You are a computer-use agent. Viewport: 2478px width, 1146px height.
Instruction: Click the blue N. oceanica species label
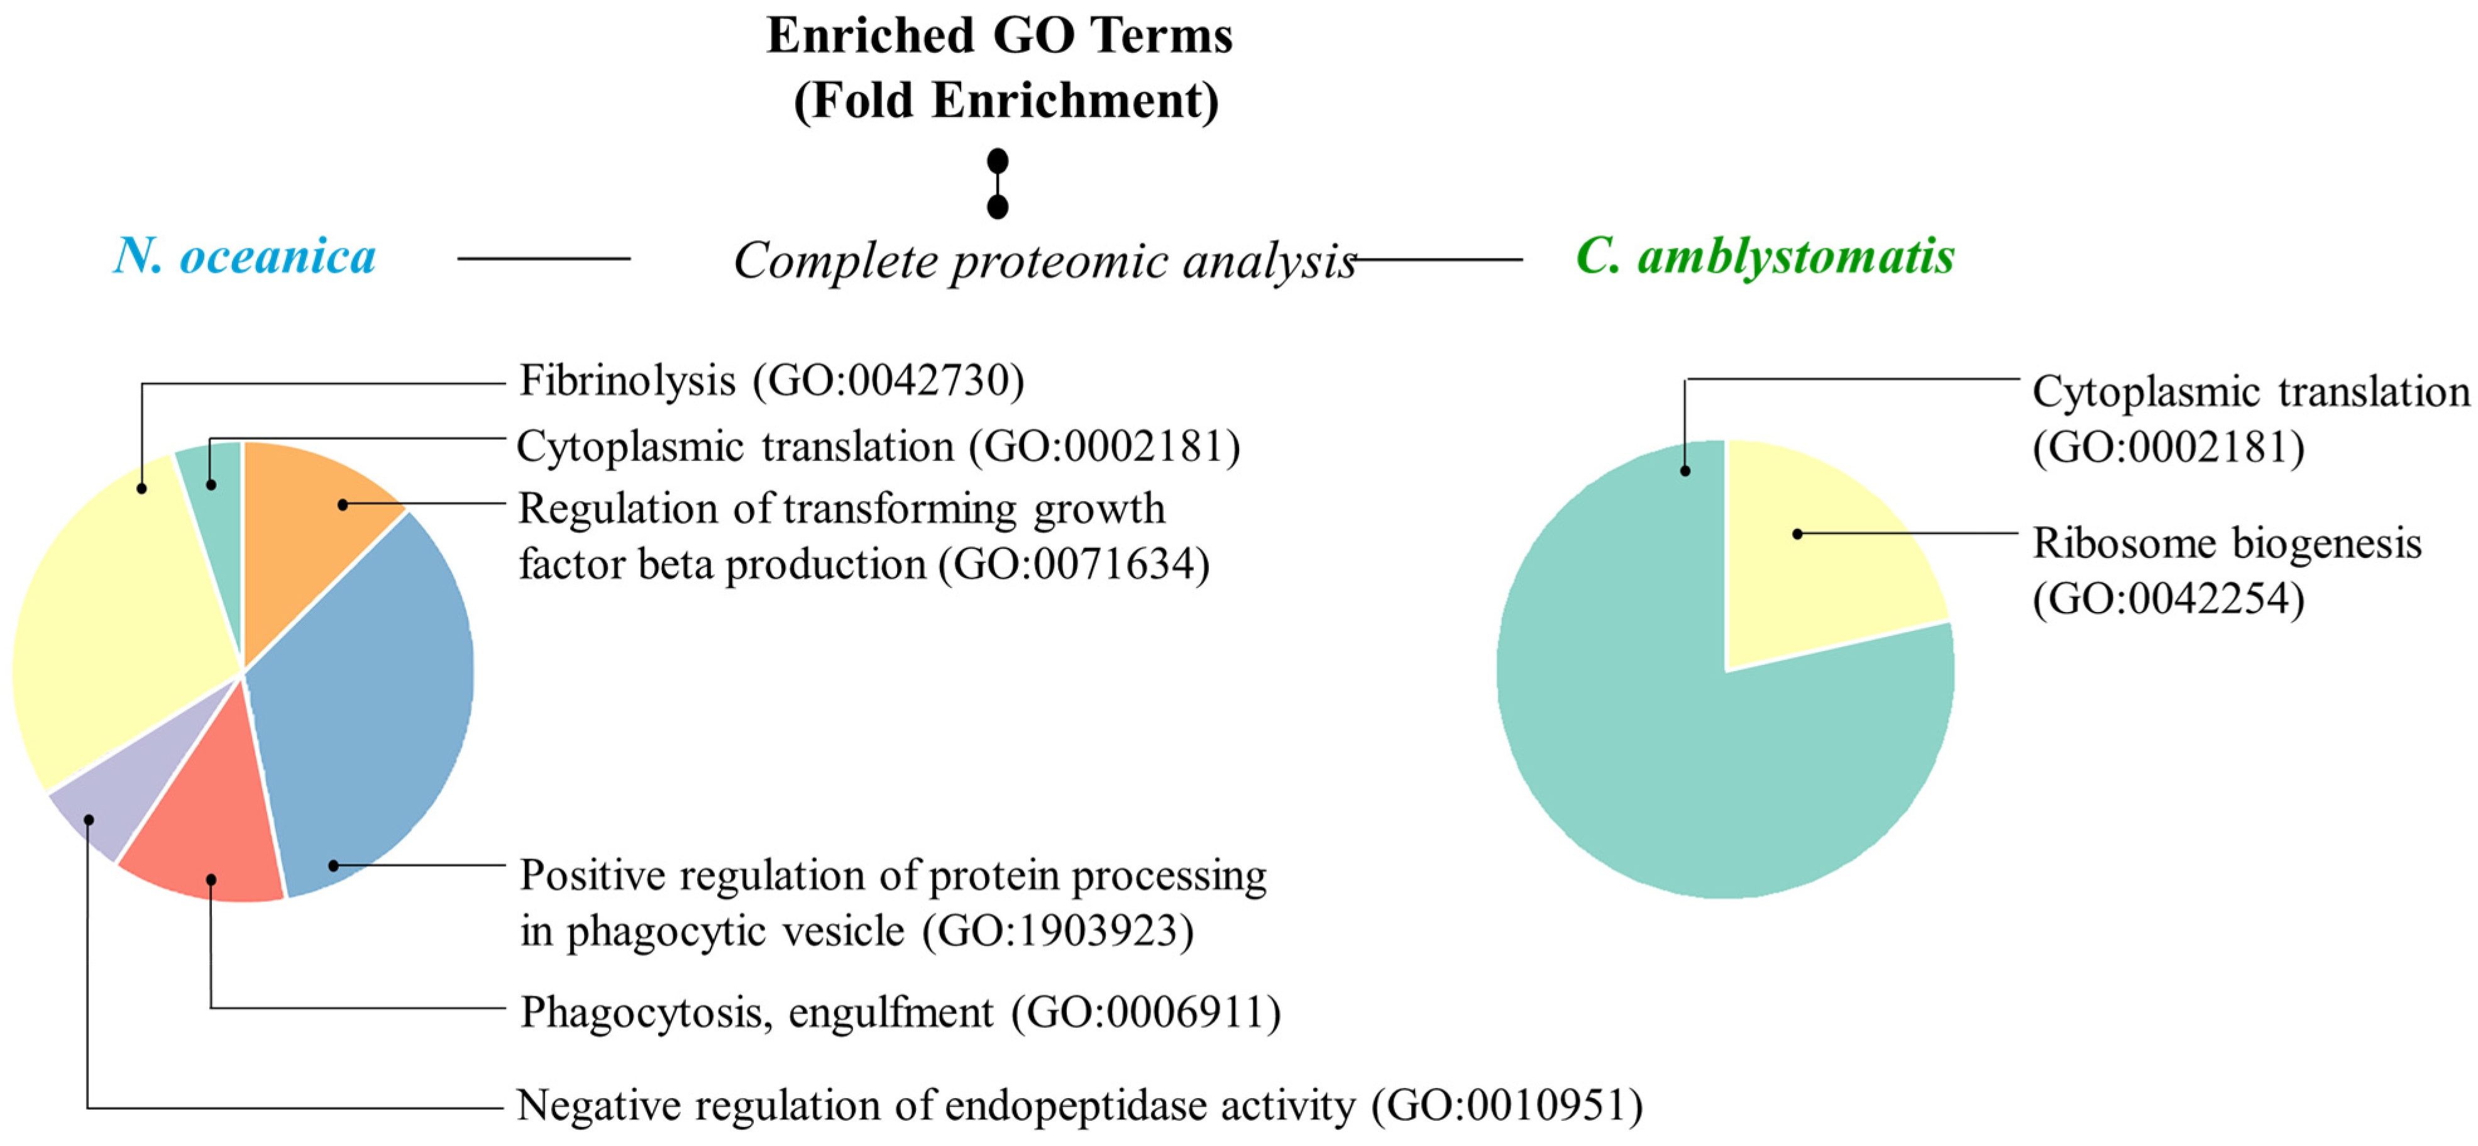pyautogui.click(x=245, y=257)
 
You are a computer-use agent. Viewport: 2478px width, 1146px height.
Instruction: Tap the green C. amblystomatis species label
pyautogui.click(x=1765, y=257)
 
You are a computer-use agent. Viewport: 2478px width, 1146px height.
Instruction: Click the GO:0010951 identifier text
pyautogui.click(x=1506, y=1106)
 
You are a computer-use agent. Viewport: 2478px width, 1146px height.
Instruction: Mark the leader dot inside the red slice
pyautogui.click(x=211, y=879)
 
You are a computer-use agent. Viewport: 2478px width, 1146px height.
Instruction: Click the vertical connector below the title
pyautogui.click(x=998, y=184)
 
